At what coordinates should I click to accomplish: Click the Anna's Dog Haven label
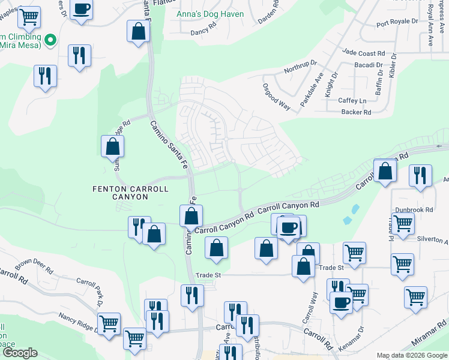(208, 14)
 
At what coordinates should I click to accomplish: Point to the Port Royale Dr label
(397, 22)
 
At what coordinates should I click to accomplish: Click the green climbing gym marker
(50, 41)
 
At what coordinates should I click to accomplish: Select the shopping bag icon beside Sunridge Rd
(112, 146)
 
